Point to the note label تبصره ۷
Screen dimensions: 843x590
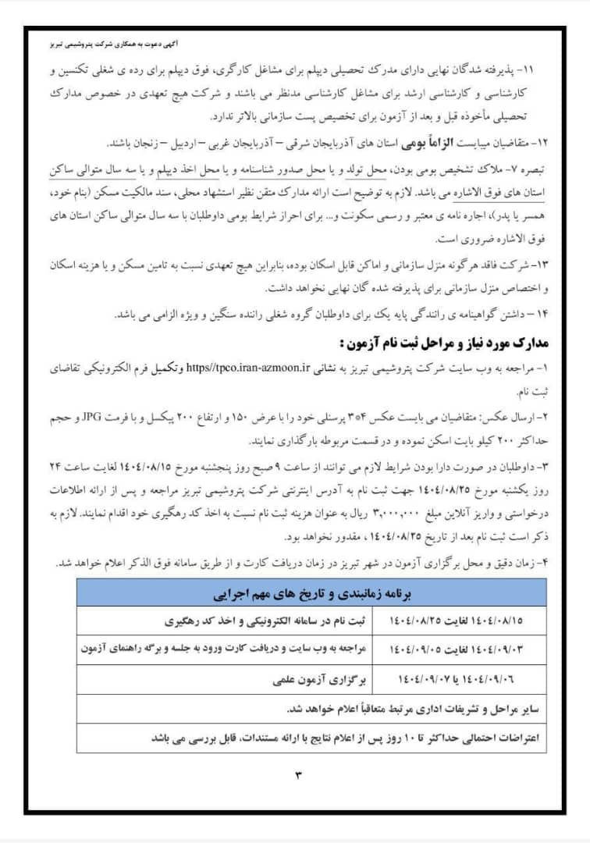coord(526,169)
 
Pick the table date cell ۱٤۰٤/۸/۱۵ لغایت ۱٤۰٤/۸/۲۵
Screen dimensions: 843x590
coord(456,622)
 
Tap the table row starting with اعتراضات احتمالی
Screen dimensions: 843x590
coord(312,737)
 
